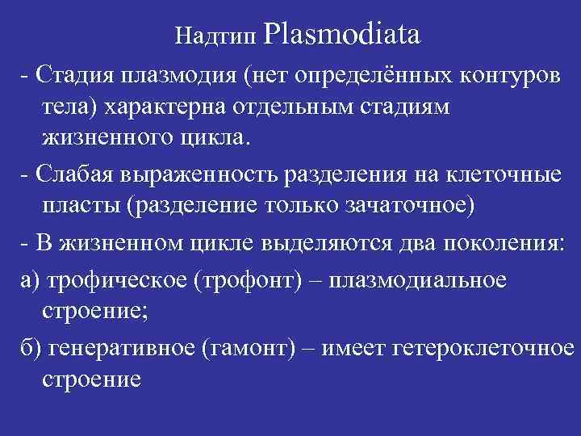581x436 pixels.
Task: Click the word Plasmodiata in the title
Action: tap(341, 36)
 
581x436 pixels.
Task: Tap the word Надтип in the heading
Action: tap(215, 37)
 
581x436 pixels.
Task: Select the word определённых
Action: tap(367, 75)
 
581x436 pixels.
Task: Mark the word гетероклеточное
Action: tap(481, 348)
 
